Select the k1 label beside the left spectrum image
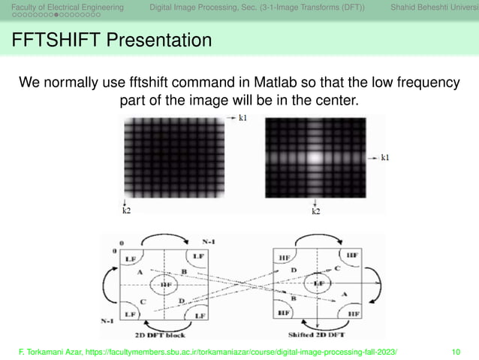coord(245,119)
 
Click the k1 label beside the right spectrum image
coord(384,158)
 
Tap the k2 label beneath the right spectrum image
coord(315,211)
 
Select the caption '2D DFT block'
coord(161,333)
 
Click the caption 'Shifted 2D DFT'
coord(315,333)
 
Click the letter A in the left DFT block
coord(140,272)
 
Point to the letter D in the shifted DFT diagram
coord(294,268)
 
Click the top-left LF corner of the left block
coord(130,258)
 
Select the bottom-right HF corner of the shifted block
coord(351,312)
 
